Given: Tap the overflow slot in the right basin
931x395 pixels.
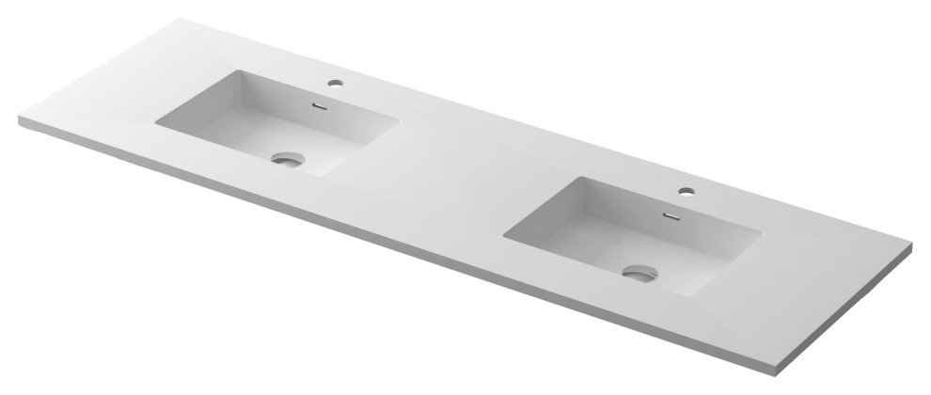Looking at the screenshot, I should pyautogui.click(x=671, y=214).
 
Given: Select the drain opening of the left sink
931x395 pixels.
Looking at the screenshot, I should pyautogui.click(x=287, y=160).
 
